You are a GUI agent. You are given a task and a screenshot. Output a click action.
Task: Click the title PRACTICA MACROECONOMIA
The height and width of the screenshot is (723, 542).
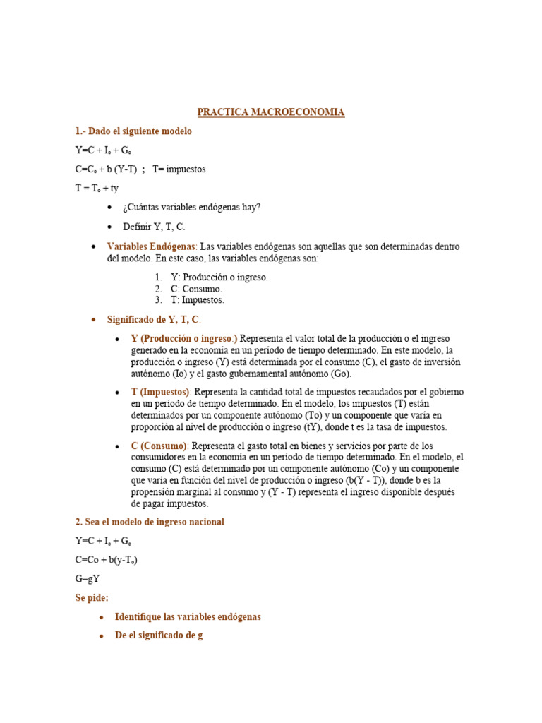point(271,112)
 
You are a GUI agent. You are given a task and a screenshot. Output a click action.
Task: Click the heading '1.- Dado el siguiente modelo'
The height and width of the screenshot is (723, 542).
point(133,131)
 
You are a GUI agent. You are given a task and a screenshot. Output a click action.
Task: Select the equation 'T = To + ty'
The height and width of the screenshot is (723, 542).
point(97,189)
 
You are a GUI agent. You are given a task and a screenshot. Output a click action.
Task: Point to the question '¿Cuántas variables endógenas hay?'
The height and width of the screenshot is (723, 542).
point(191,208)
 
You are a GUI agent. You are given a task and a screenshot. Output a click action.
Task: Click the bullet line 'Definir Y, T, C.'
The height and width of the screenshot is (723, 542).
point(154,227)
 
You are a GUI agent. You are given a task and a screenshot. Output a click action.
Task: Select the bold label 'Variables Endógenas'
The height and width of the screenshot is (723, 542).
point(152,246)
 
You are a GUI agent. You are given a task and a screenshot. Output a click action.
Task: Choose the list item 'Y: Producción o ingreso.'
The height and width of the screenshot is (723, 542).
point(219,277)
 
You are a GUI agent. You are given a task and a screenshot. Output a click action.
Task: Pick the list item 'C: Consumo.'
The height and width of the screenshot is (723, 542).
point(196,289)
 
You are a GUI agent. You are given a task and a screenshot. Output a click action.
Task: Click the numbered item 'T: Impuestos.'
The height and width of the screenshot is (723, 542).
point(198,300)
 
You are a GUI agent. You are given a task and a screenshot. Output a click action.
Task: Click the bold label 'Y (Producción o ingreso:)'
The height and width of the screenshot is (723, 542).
point(184,339)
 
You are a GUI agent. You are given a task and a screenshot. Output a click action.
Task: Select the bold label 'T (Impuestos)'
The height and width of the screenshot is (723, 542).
point(160,392)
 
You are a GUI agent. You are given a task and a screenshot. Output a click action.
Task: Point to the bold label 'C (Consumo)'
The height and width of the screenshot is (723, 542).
point(159,446)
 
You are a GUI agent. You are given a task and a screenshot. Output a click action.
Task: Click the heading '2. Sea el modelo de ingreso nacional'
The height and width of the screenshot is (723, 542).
point(150,522)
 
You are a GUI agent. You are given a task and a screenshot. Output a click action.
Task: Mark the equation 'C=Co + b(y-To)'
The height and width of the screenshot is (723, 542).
point(107,560)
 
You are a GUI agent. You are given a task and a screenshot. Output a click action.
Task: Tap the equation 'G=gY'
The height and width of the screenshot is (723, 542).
point(88,579)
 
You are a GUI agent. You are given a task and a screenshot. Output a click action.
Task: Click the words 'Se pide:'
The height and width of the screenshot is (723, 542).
point(92,598)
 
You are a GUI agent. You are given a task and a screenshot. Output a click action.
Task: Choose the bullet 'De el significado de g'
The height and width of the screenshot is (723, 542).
point(159,635)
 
